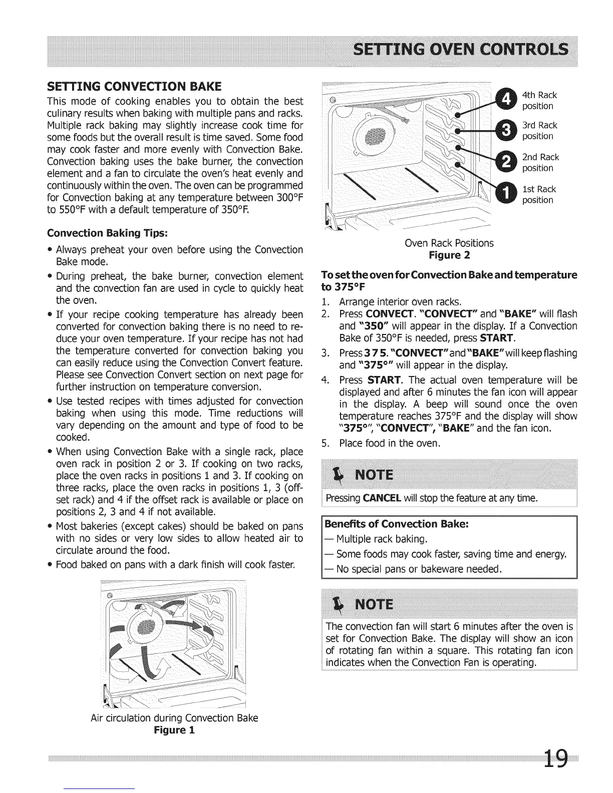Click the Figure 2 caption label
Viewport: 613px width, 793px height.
449,256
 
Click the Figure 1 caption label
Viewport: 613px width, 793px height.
174,730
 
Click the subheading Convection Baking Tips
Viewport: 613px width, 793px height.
108,233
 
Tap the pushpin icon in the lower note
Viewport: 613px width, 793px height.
341,604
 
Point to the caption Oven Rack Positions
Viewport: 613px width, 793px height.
449,243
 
